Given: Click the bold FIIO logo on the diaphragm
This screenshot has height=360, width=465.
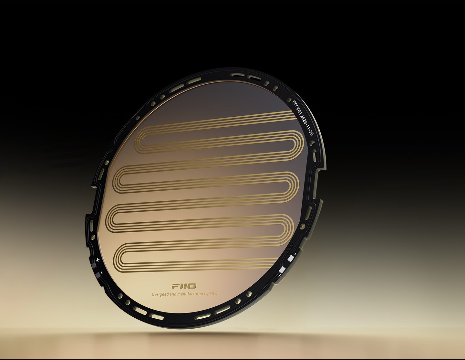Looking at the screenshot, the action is click(184, 286).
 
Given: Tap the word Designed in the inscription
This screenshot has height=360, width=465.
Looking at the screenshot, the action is click(160, 294).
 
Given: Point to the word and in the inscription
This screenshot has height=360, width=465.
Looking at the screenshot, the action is click(173, 294).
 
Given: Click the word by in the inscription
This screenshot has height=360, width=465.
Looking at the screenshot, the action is click(206, 294).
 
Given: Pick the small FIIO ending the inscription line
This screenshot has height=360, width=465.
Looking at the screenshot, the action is click(213, 293).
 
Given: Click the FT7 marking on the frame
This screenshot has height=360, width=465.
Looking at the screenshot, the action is click(295, 104).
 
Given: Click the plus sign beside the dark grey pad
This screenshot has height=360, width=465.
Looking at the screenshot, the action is click(98, 260).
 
